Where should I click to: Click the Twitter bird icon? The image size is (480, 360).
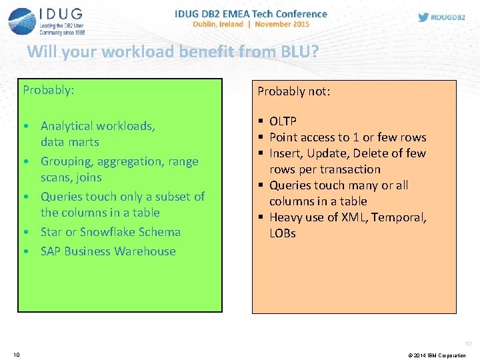click(x=423, y=17)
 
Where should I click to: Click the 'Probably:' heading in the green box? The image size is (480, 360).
click(x=48, y=89)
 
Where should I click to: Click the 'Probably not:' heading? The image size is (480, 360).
click(x=294, y=91)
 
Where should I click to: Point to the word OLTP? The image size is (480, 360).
click(x=283, y=121)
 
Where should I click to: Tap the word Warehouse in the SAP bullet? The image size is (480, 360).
click(x=145, y=251)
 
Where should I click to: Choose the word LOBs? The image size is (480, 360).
click(x=283, y=233)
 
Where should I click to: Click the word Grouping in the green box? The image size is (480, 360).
click(x=66, y=161)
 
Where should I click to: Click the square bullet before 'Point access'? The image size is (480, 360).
click(x=261, y=137)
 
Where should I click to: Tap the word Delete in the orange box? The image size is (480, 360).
click(x=371, y=153)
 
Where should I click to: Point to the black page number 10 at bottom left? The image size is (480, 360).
click(x=16, y=354)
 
